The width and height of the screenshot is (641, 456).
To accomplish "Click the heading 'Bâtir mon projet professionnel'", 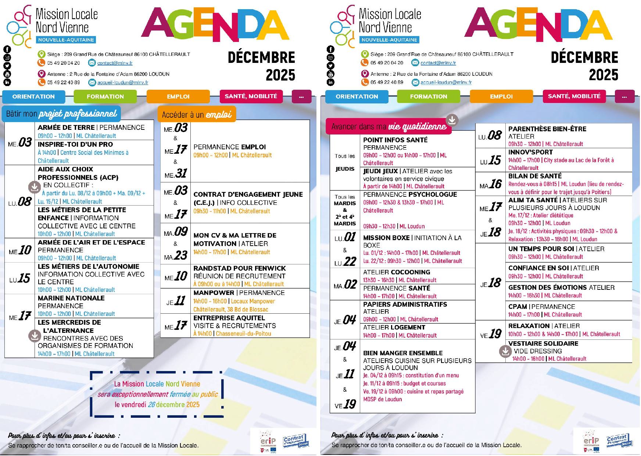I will (61, 114).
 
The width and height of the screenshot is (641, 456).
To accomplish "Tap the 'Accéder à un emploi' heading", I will (197, 114).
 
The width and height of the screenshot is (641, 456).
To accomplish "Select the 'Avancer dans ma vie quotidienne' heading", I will (388, 127).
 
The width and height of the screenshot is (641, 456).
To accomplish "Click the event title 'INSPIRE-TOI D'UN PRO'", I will (75, 145).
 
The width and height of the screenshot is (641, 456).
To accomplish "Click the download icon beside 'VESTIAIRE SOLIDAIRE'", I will (505, 351).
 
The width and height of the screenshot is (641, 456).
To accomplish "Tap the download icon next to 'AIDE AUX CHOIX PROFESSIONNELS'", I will (35, 187).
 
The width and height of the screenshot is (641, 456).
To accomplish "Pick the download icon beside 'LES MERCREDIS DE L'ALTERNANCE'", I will (35, 335).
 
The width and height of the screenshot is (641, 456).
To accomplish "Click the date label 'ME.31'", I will (175, 174).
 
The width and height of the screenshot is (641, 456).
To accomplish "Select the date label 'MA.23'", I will (175, 256).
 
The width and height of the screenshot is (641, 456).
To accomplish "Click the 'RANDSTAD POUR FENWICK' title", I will (240, 268).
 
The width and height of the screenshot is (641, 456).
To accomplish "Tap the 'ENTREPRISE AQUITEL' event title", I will (229, 318).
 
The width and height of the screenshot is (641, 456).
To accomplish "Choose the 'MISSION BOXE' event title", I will (386, 238).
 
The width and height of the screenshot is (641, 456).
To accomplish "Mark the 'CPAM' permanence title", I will (518, 307).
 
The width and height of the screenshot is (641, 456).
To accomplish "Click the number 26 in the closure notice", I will (151, 405).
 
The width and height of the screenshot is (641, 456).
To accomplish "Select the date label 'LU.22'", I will (345, 262).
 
